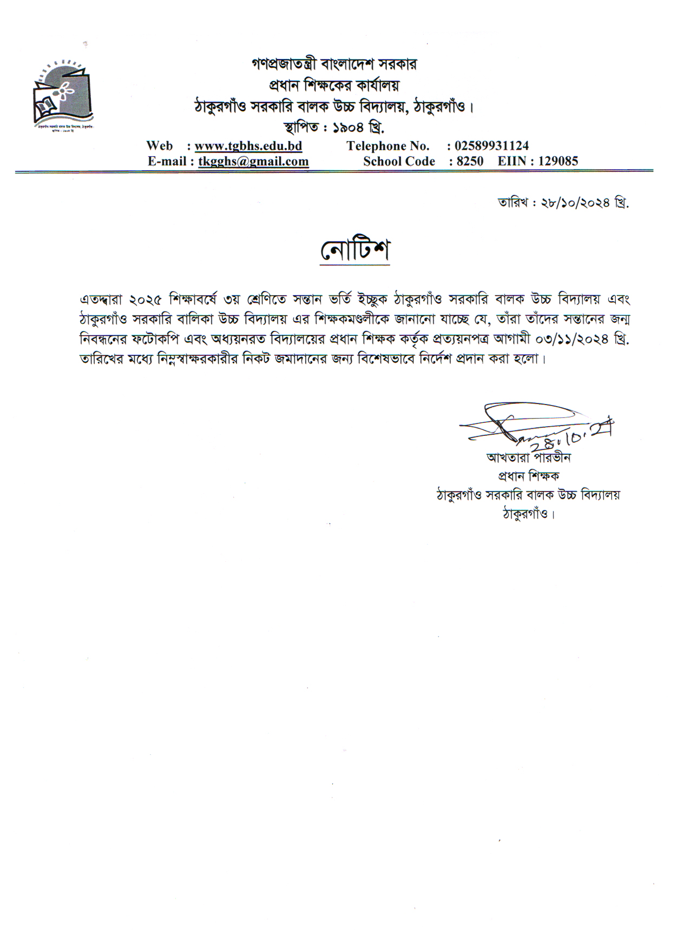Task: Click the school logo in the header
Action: click(62, 93)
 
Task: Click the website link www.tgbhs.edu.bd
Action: click(248, 145)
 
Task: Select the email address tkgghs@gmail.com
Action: click(253, 161)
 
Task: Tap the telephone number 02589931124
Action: click(491, 145)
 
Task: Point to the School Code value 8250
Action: click(470, 161)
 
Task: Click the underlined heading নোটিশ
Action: click(354, 250)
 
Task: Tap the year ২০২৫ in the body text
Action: click(146, 299)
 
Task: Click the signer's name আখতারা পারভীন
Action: click(528, 457)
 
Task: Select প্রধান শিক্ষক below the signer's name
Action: click(528, 476)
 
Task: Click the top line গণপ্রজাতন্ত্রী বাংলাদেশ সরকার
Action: click(334, 64)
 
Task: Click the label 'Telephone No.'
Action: click(387, 145)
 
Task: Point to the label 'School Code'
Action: click(399, 161)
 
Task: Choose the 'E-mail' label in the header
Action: click(167, 161)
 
